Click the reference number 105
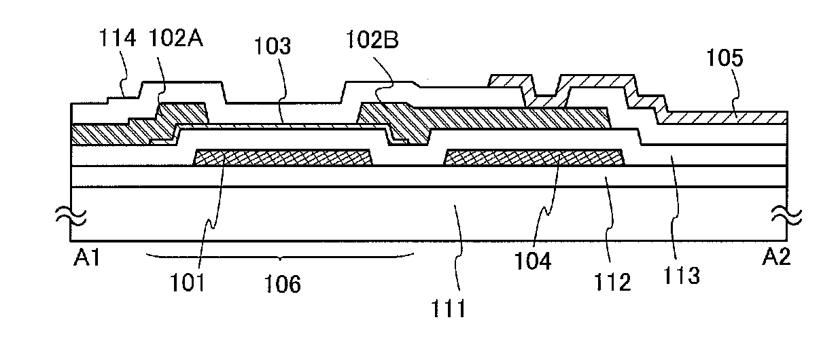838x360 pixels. pyautogui.click(x=724, y=59)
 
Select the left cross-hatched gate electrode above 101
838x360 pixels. pyautogui.click(x=283, y=158)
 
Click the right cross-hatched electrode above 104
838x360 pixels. pyautogui.click(x=534, y=158)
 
